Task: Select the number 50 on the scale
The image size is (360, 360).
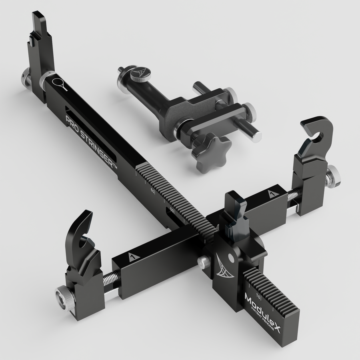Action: [172, 210]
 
